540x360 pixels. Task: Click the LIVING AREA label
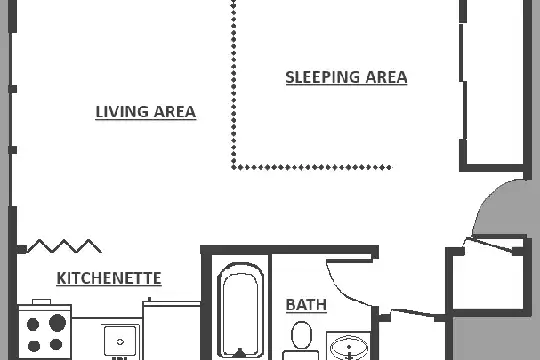coord(146,112)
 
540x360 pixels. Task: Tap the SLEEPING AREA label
coord(346,77)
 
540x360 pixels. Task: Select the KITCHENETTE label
coord(109,278)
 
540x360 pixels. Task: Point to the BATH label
coord(306,305)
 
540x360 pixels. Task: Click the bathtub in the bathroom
coord(241,310)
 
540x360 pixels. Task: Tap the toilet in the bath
coord(301,339)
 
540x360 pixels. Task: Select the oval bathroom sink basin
coord(349,347)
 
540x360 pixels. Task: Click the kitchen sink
coord(120,341)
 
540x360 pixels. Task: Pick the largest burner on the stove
coord(57,323)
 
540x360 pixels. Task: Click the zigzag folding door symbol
coord(64,246)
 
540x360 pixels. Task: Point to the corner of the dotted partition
coord(234,167)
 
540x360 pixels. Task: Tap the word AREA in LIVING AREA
coord(175,112)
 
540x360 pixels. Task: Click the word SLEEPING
coord(322,77)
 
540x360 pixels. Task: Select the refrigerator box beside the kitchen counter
coord(172,331)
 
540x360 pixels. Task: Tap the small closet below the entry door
coord(488,279)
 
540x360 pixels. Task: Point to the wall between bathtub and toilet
coord(270,307)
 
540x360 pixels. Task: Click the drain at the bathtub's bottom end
coord(240,352)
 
